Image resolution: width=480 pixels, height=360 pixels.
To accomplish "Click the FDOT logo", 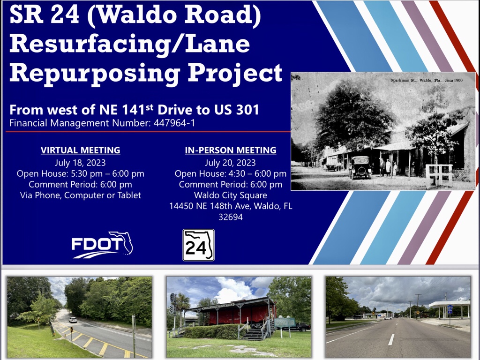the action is pyautogui.click(x=102, y=245).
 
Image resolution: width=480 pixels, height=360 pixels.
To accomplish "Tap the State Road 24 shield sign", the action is pyautogui.click(x=198, y=245).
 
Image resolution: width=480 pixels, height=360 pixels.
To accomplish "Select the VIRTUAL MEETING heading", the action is pyautogui.click(x=81, y=150).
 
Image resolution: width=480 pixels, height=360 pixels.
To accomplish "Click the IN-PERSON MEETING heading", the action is pyautogui.click(x=231, y=150).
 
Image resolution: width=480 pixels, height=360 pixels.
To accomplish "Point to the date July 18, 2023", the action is pyautogui.click(x=80, y=163).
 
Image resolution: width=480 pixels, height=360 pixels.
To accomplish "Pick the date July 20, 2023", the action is pyautogui.click(x=230, y=163).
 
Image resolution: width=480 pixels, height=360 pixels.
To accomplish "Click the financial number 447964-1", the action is pyautogui.click(x=174, y=123).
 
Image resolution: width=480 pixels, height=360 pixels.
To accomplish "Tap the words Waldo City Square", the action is pyautogui.click(x=231, y=195).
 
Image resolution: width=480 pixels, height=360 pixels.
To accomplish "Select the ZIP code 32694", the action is pyautogui.click(x=231, y=217).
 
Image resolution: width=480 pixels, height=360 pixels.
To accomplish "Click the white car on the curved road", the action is pyautogui.click(x=73, y=320).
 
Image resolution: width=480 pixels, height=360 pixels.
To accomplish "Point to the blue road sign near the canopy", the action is pyautogui.click(x=450, y=309).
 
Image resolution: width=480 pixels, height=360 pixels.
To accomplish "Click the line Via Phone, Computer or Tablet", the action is pyautogui.click(x=81, y=195).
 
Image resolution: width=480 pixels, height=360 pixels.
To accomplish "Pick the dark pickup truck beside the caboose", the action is pyautogui.click(x=298, y=327).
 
